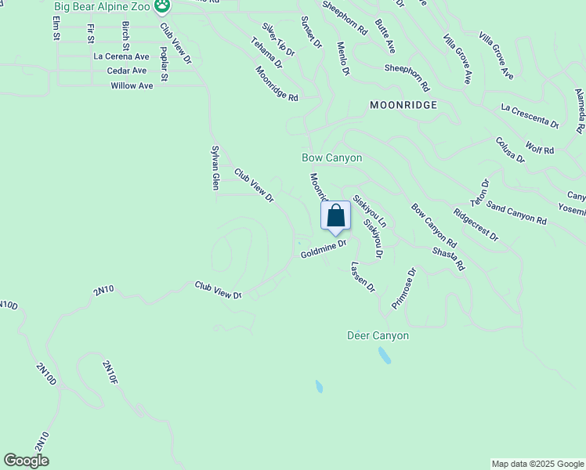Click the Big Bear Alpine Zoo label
tap(102, 7)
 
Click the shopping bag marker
tap(335, 215)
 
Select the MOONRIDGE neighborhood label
tap(403, 104)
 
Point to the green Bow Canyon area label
tap(332, 157)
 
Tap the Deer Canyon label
tap(378, 335)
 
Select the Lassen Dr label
tap(363, 277)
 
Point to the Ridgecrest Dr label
tap(476, 225)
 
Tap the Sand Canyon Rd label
tap(515, 212)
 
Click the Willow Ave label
tap(132, 85)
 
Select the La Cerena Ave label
tap(121, 56)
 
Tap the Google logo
tap(26, 461)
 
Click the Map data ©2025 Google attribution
tap(537, 464)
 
